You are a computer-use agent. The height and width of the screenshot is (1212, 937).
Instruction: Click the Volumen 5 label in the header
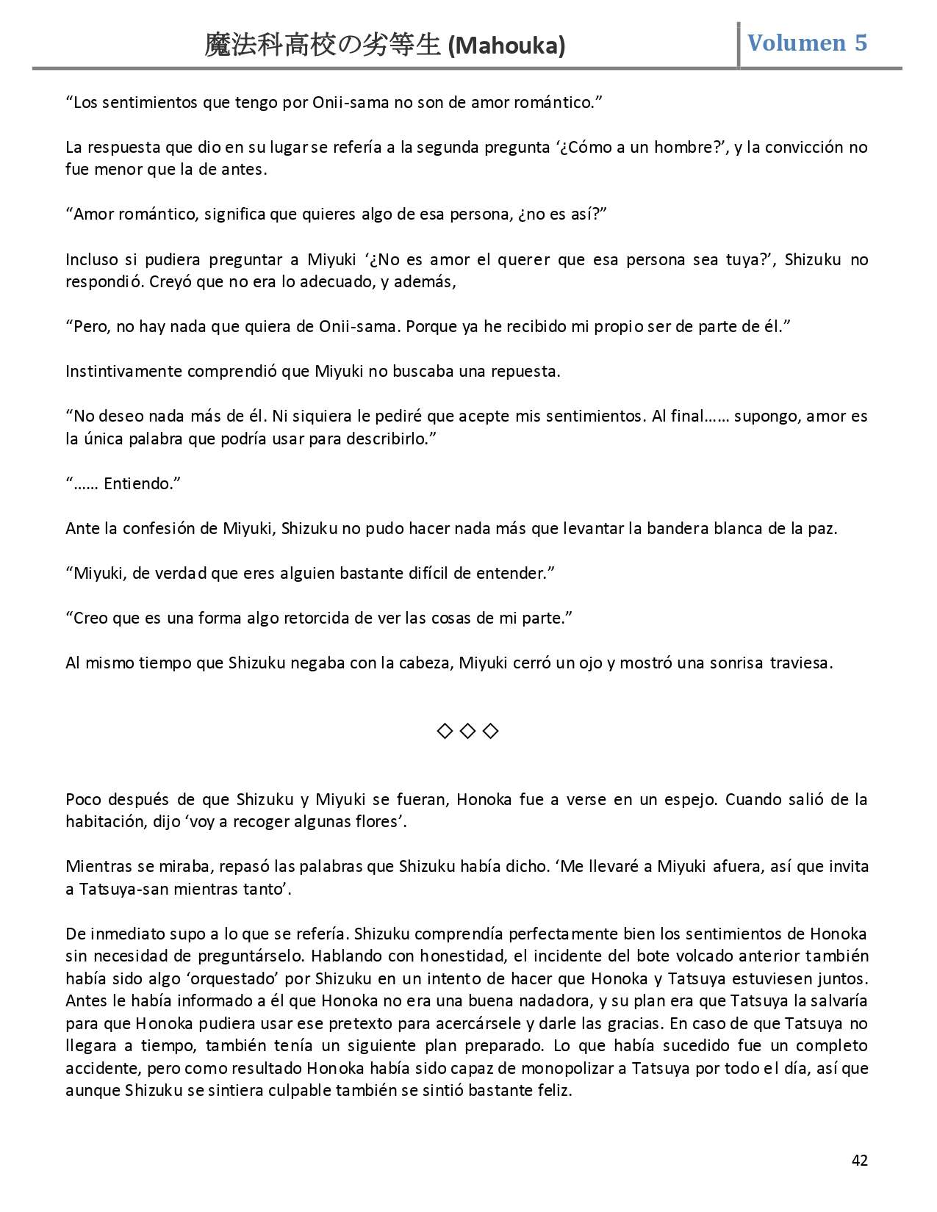click(807, 43)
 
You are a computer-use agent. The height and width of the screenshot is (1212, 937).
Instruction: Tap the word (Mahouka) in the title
click(506, 46)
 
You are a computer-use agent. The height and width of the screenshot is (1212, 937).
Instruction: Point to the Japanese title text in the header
click(323, 46)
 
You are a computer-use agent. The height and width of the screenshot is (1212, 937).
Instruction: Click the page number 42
click(859, 1160)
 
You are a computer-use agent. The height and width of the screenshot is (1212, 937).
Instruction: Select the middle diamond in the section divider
click(468, 731)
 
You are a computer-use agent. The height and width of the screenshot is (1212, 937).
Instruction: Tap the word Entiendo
click(142, 483)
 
